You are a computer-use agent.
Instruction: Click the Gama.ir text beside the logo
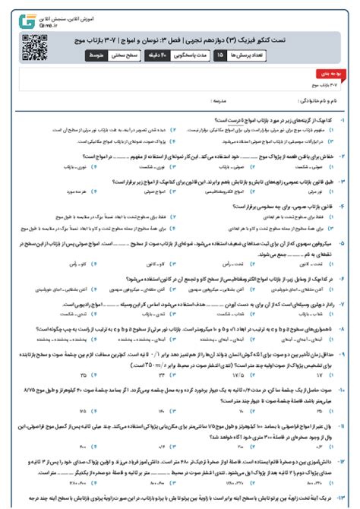pos(39,24)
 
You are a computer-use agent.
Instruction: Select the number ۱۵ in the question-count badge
pos(219,55)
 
